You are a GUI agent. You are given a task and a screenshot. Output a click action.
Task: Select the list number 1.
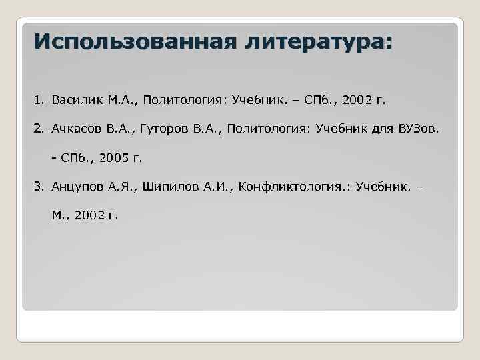point(39,101)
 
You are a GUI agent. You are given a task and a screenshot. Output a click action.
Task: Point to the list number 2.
point(39,129)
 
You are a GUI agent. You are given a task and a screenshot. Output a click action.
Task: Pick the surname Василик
point(75,101)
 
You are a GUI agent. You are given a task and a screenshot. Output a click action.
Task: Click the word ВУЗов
point(419,129)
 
